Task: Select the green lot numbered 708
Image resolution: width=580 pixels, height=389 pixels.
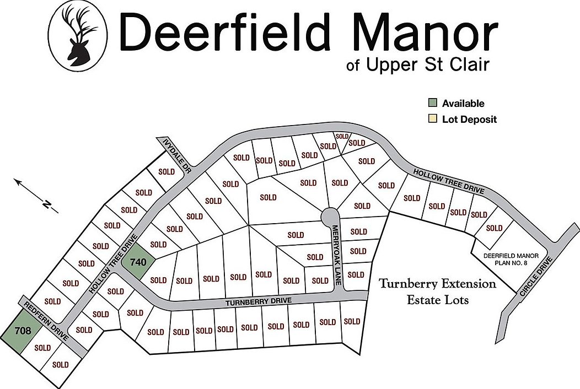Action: [23, 331]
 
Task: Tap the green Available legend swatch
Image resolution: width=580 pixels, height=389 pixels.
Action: [433, 103]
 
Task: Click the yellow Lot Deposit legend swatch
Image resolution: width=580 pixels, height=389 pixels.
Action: [433, 119]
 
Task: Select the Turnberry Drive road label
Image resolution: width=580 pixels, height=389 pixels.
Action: [258, 301]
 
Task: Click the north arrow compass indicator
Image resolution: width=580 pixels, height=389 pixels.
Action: [36, 195]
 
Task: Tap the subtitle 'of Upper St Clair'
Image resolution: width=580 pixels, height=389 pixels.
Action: [418, 65]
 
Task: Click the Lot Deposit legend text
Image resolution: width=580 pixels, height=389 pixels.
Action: [469, 119]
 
